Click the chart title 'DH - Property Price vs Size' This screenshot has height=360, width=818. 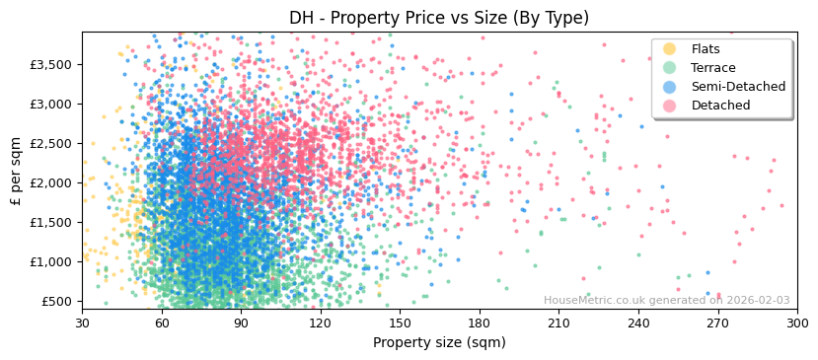pyautogui.click(x=439, y=18)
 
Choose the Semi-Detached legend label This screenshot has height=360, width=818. pyautogui.click(x=738, y=87)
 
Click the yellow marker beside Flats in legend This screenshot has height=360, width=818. pyautogui.click(x=670, y=49)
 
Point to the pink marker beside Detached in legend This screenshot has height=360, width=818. pyautogui.click(x=670, y=106)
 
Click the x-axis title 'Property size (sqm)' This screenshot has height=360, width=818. pyautogui.click(x=439, y=343)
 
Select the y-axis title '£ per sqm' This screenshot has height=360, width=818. pyautogui.click(x=17, y=171)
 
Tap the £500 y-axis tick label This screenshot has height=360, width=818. pyautogui.click(x=55, y=301)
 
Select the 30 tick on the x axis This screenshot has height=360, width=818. pyautogui.click(x=82, y=323)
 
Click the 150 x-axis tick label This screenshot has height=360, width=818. pyautogui.click(x=400, y=323)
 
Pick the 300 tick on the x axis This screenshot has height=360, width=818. pyautogui.click(x=797, y=323)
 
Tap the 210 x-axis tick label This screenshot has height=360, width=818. pyautogui.click(x=558, y=323)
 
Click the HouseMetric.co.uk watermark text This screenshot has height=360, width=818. pyautogui.click(x=666, y=301)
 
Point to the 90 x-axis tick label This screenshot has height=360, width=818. pyautogui.click(x=241, y=323)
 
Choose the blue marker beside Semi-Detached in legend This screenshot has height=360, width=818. pyautogui.click(x=670, y=87)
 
